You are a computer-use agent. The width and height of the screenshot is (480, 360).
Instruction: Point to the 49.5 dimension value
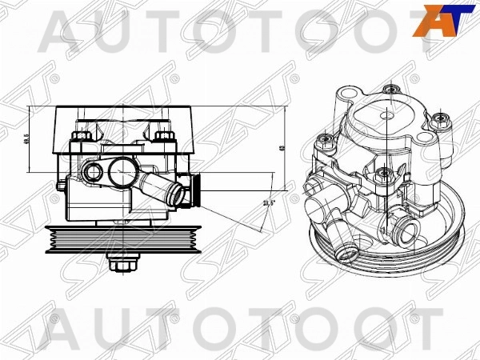pos(38,140)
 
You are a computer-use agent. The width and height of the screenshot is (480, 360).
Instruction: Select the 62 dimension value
pos(285,150)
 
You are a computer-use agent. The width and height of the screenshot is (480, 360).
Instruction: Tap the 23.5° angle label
pos(270,204)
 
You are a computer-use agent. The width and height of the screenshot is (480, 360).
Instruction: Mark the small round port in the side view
pos(93,172)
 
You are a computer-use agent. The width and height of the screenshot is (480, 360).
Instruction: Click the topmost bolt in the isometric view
pos(388,90)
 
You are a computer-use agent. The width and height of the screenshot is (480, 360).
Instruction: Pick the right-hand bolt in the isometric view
pos(438,121)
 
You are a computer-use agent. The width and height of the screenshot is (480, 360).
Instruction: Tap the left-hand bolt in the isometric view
pos(326,143)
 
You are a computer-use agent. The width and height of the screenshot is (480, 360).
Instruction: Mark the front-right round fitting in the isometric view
pos(406,233)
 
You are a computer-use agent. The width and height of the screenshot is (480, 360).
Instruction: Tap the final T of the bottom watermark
pos(423,328)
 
